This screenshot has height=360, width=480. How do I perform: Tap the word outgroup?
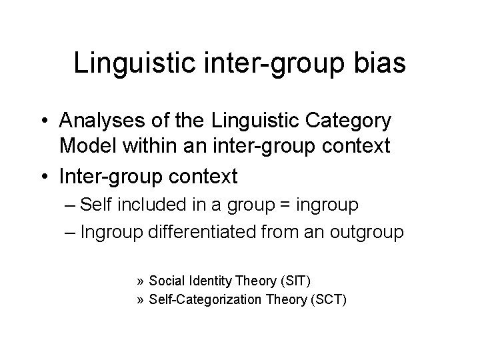[x=369, y=233]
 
